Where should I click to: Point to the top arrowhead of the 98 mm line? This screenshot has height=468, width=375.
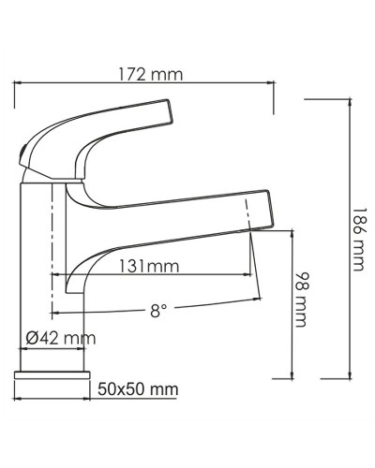tap(294, 237)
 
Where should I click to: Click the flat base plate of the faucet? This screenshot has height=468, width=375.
tap(52, 382)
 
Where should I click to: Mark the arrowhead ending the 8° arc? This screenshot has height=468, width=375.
tap(257, 298)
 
